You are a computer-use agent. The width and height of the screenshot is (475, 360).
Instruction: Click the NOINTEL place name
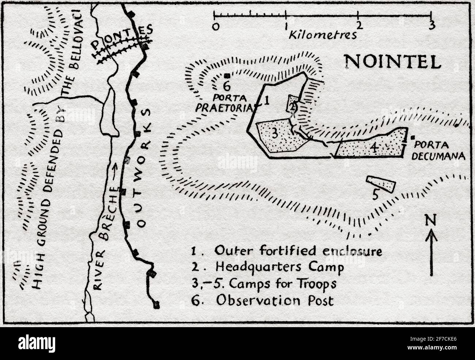393,62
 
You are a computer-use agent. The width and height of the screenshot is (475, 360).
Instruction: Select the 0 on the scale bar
216,26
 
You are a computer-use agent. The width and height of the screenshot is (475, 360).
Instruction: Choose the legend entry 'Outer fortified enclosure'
287,251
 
